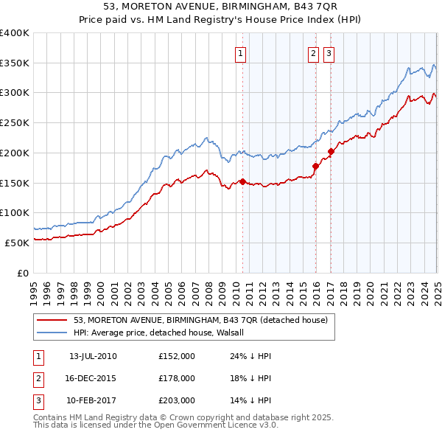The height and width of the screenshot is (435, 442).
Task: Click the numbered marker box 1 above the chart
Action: click(x=241, y=53)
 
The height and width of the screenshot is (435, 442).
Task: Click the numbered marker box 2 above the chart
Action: click(x=313, y=53)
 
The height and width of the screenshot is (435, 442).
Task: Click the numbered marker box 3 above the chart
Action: click(x=328, y=53)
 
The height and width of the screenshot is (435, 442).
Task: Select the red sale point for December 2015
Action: click(x=315, y=166)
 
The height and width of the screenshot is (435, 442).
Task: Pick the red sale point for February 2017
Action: click(x=331, y=151)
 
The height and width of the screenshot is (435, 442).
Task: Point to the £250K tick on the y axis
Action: click(x=15, y=122)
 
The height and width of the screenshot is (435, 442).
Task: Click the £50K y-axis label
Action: click(x=17, y=243)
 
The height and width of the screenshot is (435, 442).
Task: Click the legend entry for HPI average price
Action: click(x=163, y=333)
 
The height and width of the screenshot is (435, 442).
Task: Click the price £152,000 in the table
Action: click(x=177, y=356)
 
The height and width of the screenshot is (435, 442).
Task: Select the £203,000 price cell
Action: click(x=177, y=400)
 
